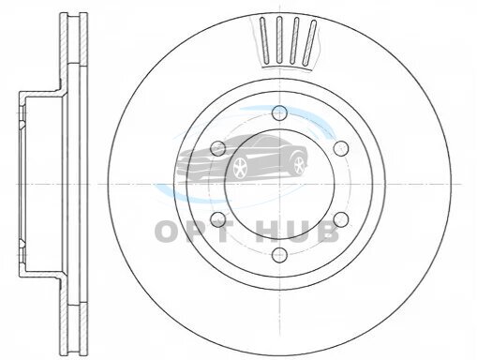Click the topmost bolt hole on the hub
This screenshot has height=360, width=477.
click(x=279, y=112)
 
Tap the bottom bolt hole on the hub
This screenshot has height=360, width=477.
click(x=279, y=255)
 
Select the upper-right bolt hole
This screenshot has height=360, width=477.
click(x=341, y=148)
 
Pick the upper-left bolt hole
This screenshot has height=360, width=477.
click(x=218, y=148)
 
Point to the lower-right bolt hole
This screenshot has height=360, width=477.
click(x=341, y=219)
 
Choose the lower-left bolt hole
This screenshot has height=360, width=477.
click(x=218, y=219)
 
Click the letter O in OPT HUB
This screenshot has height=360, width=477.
click(x=169, y=232)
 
